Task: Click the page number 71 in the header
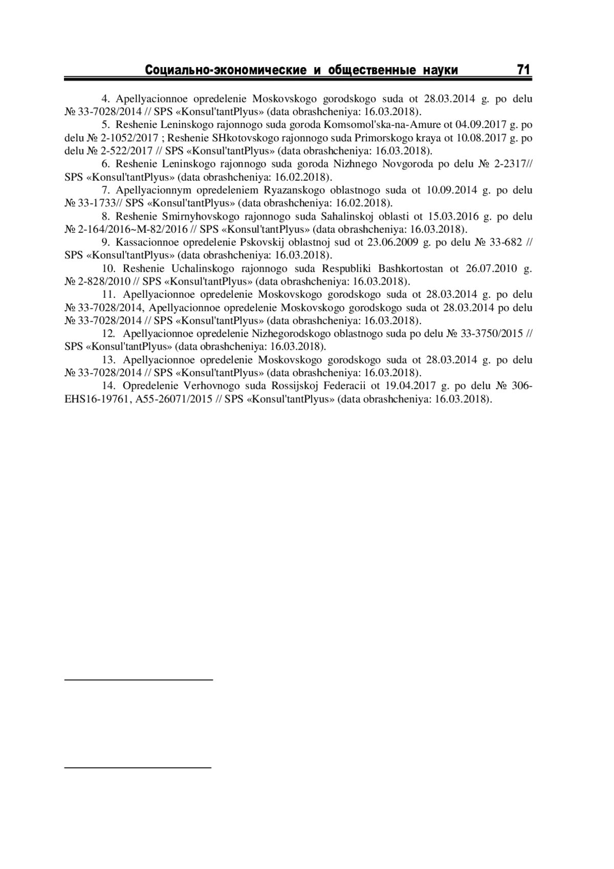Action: pos(523,70)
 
